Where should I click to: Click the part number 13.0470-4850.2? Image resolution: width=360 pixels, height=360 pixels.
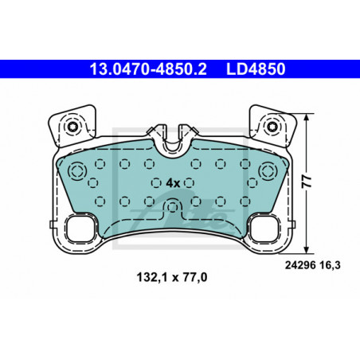[x=148, y=69]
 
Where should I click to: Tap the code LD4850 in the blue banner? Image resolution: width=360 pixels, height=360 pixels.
[x=256, y=69]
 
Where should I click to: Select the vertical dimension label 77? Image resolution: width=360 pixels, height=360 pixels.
[x=307, y=182]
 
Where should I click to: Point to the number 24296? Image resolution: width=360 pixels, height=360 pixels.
[x=300, y=265]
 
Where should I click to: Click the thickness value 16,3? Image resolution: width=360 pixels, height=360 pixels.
[x=330, y=265]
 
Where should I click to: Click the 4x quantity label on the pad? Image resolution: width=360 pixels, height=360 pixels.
[x=173, y=183]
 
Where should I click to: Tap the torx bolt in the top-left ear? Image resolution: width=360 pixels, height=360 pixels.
[x=72, y=127]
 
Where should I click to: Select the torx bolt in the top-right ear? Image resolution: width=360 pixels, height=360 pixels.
[x=272, y=127]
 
